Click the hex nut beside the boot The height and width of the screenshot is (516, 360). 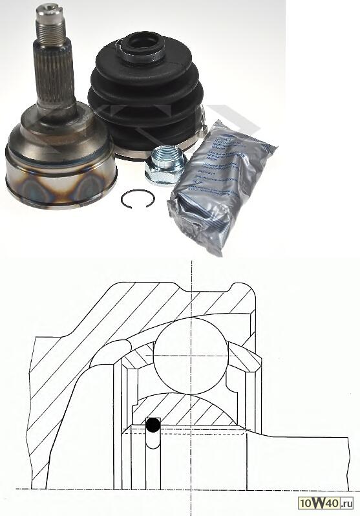(x=166, y=165)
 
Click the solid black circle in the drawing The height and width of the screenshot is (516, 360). (x=153, y=425)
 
